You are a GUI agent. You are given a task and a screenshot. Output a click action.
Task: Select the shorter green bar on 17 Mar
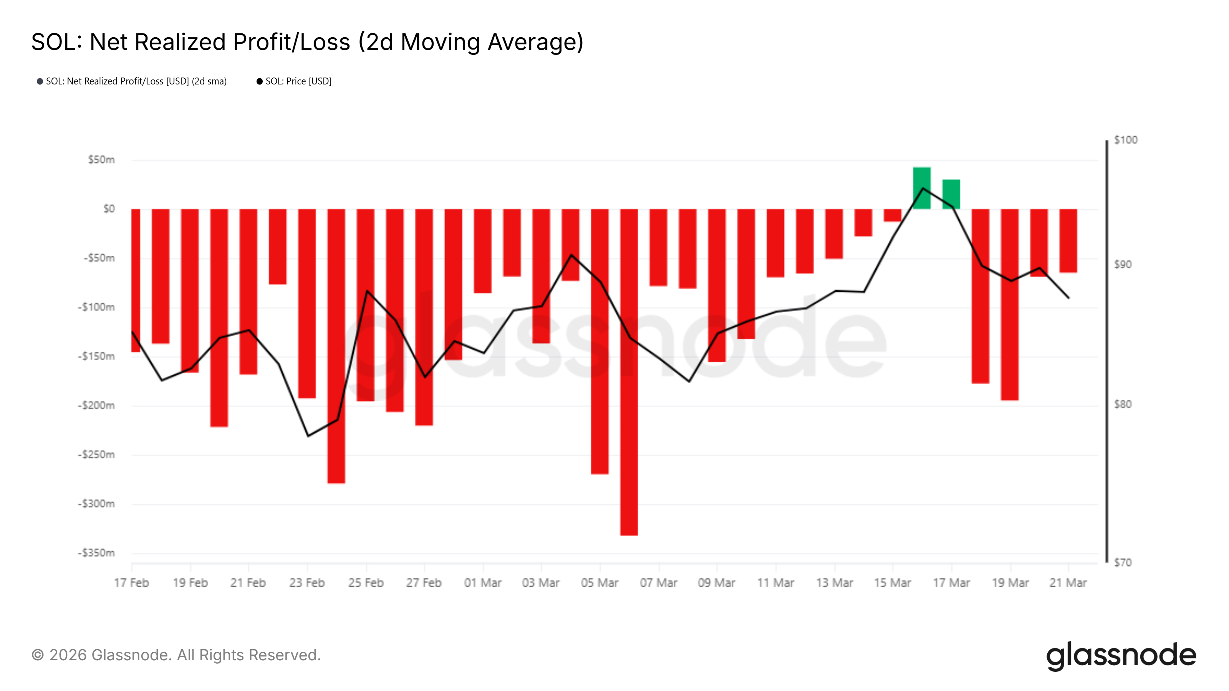pyautogui.click(x=951, y=194)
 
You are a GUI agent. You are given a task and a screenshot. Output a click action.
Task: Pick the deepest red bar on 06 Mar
pyautogui.click(x=629, y=372)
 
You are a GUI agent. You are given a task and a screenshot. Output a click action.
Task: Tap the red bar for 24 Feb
pyautogui.click(x=336, y=346)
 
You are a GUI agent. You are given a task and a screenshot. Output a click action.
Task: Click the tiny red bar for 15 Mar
pyautogui.click(x=892, y=215)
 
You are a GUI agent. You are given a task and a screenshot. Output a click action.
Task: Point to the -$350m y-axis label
pyautogui.click(x=96, y=553)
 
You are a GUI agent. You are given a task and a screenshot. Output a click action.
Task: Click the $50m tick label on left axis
pyautogui.click(x=101, y=160)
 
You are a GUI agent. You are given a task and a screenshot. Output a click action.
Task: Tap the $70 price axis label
pyautogui.click(x=1123, y=563)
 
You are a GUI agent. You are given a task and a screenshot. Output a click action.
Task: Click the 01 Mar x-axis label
pyautogui.click(x=483, y=583)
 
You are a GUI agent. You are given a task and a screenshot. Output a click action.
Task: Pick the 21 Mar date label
pyautogui.click(x=1068, y=583)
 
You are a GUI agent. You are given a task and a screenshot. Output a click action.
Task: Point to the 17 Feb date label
pyautogui.click(x=131, y=583)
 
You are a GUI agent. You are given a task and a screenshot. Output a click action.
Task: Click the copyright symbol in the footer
pyautogui.click(x=38, y=655)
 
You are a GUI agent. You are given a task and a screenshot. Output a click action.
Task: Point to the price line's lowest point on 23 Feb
pyautogui.click(x=308, y=436)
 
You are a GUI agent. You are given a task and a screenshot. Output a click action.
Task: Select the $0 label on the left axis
pyautogui.click(x=109, y=209)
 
